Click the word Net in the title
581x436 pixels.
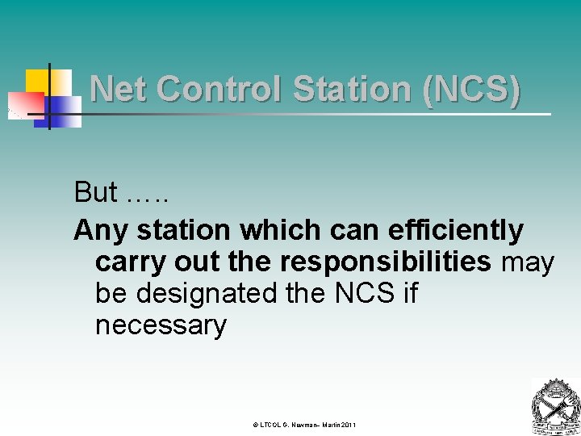[119, 89]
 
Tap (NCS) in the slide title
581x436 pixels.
[470, 89]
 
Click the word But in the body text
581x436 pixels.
[95, 192]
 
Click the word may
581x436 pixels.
[528, 263]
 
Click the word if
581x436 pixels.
[410, 294]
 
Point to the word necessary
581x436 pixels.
[161, 326]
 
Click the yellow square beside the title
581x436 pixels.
[39, 81]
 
